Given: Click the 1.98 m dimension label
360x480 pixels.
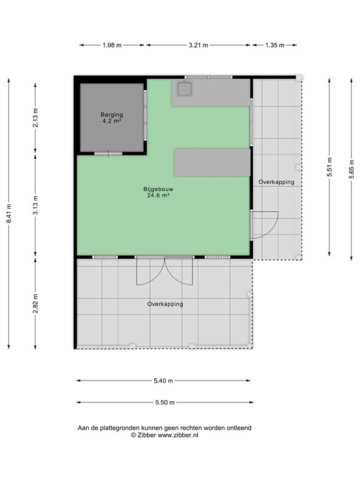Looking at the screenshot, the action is [x=112, y=45].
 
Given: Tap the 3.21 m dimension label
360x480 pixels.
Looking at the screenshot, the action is [x=198, y=45].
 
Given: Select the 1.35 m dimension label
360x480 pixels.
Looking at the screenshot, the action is [x=275, y=45].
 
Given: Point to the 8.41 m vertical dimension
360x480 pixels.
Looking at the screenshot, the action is [x=9, y=213].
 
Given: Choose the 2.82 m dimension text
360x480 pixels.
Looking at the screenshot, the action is [x=36, y=303].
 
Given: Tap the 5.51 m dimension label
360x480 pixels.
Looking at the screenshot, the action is [x=329, y=167].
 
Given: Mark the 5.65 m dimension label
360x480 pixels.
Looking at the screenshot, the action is [x=351, y=169].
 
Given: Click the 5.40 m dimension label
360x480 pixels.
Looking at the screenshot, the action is [x=164, y=381].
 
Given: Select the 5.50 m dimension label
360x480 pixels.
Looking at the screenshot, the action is [x=165, y=402].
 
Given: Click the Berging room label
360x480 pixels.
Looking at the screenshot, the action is [x=112, y=115].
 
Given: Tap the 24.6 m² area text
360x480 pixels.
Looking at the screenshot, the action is [x=158, y=195].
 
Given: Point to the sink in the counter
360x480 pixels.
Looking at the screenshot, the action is [x=185, y=89].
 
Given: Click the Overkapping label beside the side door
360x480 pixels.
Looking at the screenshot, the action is [x=276, y=182].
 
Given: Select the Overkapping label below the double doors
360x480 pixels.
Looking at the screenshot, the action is [x=165, y=304].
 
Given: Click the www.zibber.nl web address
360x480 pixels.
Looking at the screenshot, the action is [x=178, y=435].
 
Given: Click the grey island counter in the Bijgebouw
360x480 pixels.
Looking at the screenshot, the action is [x=212, y=162].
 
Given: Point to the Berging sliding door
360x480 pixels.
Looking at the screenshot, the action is [x=108, y=153].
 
